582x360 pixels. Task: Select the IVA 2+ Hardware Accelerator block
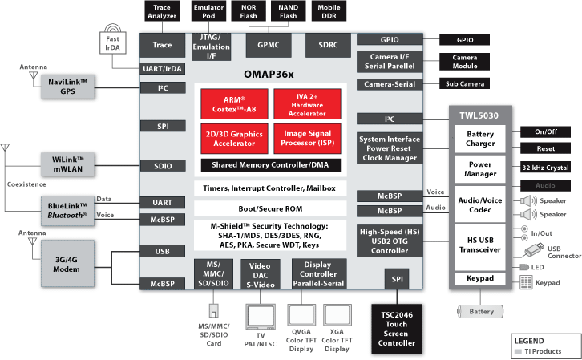[306, 103]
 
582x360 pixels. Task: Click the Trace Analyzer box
[162, 11]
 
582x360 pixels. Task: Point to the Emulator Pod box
[208, 11]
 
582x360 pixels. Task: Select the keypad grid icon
[526, 282]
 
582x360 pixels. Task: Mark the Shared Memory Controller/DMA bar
[270, 164]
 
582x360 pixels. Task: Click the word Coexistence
[29, 184]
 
